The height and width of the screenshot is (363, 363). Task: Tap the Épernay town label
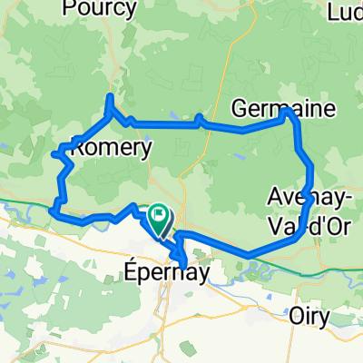(x=155, y=270)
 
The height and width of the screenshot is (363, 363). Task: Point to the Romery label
(x=110, y=148)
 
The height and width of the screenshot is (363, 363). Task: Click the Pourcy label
(x=100, y=9)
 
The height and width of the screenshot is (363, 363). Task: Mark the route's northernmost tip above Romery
(x=110, y=96)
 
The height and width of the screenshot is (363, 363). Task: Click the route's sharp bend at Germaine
(x=289, y=113)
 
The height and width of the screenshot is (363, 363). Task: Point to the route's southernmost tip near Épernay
(x=185, y=265)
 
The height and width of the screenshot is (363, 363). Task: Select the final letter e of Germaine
(x=329, y=109)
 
